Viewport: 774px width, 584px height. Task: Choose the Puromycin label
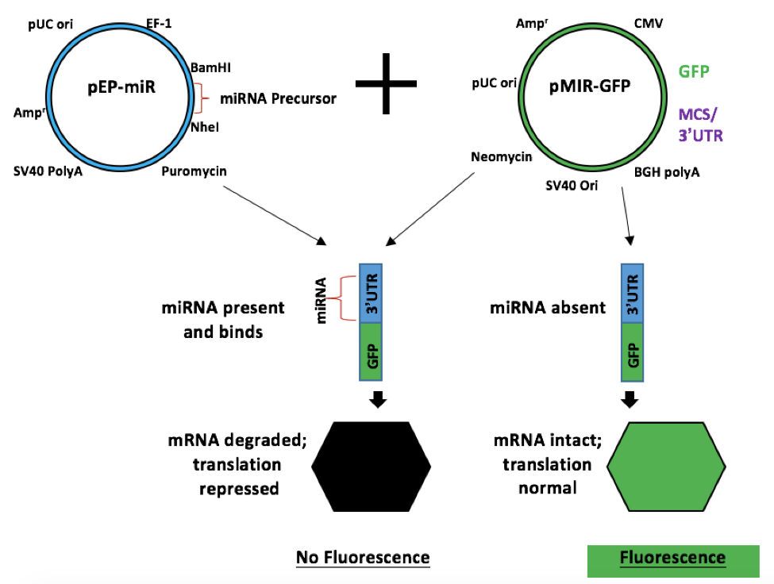coord(191,171)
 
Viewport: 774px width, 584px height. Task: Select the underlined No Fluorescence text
coord(363,558)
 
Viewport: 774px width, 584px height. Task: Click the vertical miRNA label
coord(322,299)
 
